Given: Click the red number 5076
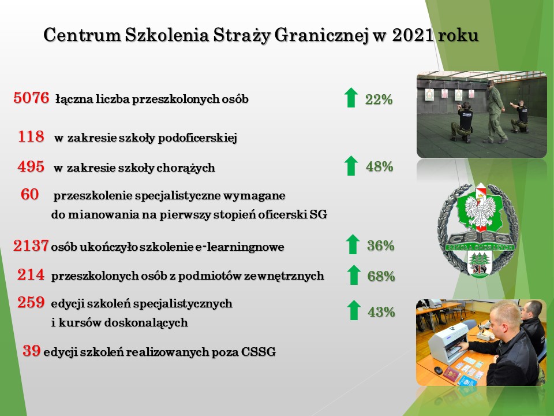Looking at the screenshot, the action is point(31,98).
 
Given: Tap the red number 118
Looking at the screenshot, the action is point(31,136).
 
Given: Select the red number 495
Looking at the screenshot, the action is point(31,166).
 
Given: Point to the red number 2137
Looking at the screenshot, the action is point(31,246).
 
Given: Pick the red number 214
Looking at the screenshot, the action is point(31,274).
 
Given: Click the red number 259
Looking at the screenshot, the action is point(31,302).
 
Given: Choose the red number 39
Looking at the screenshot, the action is point(31,351).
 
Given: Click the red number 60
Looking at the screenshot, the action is point(29,194).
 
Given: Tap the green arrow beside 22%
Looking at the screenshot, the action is point(351,98).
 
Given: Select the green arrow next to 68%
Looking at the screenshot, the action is point(354,275).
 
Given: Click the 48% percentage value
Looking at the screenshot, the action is point(380,166).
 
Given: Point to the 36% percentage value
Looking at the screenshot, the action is point(381,246).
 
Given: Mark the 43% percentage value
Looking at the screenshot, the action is point(381,312).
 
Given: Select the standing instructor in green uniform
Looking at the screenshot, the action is point(496,112).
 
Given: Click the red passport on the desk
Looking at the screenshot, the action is point(452,374).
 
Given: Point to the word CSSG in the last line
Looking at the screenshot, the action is point(259,352).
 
